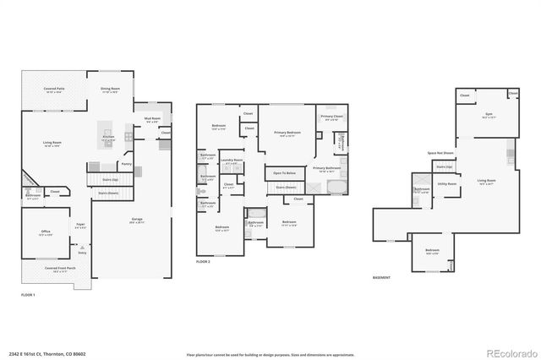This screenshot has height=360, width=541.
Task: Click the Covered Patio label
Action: pos(56,89)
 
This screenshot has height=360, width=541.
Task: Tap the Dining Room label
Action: pos(111,89)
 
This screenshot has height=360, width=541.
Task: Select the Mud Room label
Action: pos(152,120)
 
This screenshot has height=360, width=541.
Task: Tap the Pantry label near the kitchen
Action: pos(126,164)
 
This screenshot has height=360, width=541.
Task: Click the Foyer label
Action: pos(79,225)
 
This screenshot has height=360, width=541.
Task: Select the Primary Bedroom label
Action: pos(287,133)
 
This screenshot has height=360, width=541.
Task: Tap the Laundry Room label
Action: pos(232,161)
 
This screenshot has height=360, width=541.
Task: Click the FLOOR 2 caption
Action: pos(203,262)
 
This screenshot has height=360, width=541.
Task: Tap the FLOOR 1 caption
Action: pos(28,294)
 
